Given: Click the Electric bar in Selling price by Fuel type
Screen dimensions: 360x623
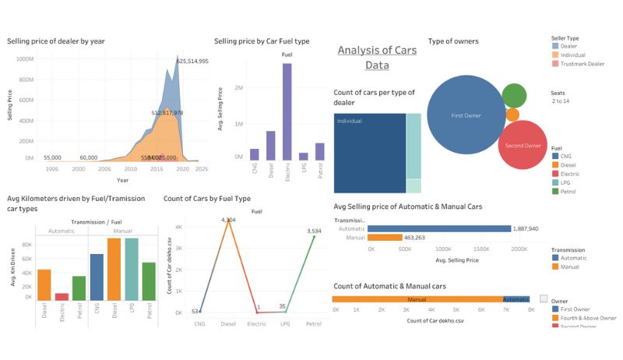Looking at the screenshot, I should pos(287,111).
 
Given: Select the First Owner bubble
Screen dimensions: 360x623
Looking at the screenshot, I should pos(466,115).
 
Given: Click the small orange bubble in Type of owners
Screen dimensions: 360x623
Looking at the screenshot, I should pos(512,115).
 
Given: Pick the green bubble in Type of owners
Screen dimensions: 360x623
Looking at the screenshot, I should pos(514,95).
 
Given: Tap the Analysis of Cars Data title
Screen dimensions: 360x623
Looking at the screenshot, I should pos(377,58).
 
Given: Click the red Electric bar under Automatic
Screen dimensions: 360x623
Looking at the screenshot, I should pos(62,296).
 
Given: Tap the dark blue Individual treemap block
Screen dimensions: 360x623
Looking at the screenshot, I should pos(369,153).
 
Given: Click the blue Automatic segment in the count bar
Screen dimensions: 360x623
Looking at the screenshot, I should pos(516,299).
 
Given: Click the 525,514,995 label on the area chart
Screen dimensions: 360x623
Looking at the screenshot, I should pos(192,61).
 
